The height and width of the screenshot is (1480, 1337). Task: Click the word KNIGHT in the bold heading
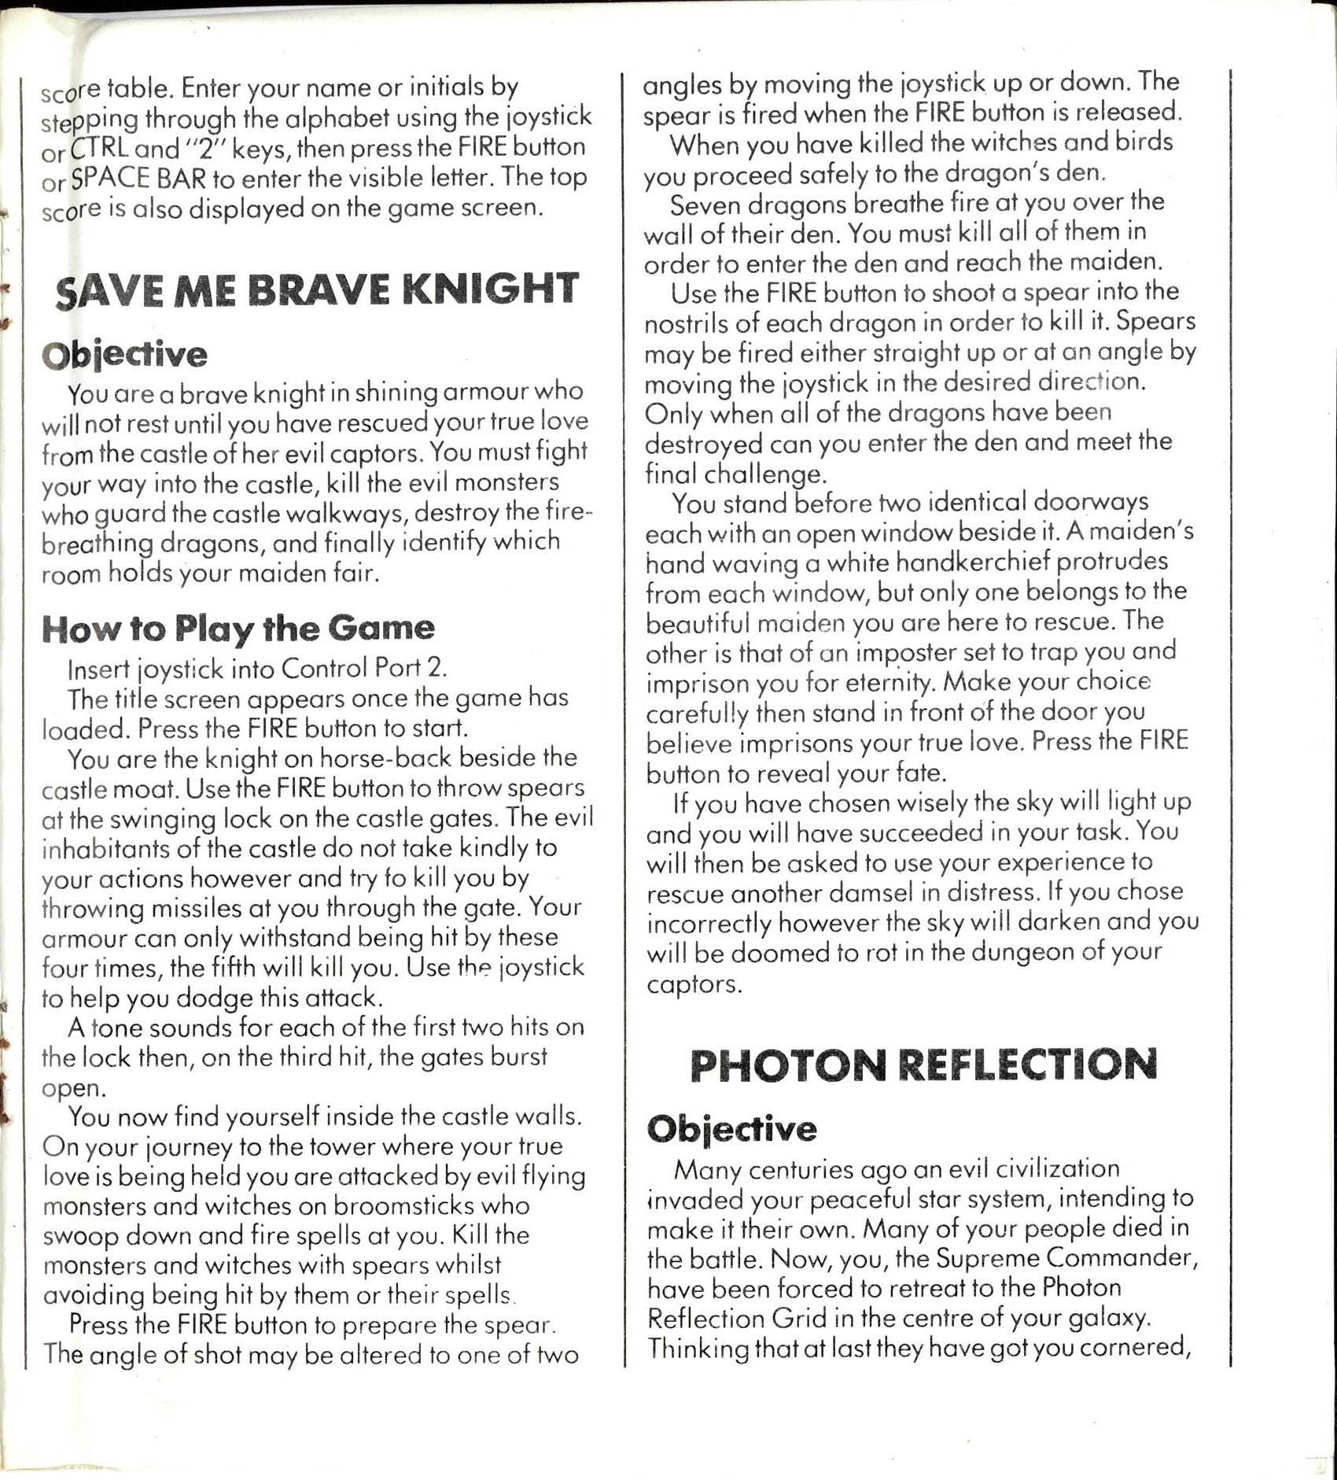coord(490,289)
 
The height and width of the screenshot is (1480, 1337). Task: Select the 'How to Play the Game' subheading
coord(238,629)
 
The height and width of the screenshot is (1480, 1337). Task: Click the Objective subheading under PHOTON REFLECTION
coord(731,1129)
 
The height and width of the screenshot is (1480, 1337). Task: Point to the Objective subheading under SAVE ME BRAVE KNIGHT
coord(124,354)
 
